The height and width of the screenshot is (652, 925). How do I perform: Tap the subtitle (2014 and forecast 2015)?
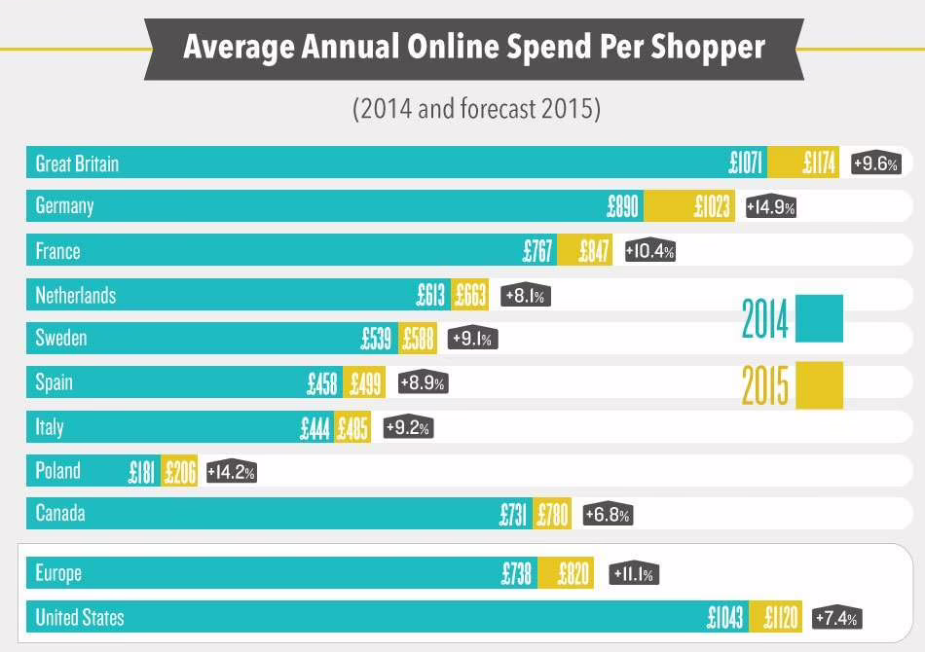click(x=476, y=108)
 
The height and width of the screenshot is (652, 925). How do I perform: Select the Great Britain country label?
click(x=77, y=163)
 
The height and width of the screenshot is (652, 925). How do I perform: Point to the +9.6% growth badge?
click(x=875, y=163)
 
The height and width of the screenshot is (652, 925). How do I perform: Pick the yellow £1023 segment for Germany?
click(x=713, y=207)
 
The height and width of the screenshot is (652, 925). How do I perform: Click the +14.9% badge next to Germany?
click(x=771, y=207)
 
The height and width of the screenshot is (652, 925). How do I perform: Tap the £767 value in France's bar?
click(x=537, y=251)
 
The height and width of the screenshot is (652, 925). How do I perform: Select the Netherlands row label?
click(x=75, y=295)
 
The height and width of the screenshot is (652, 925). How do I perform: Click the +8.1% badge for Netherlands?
click(x=526, y=296)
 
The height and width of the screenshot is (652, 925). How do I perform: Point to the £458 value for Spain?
click(x=321, y=383)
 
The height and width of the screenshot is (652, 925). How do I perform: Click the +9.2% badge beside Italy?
click(x=408, y=427)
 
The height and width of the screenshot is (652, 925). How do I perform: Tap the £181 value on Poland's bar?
click(x=142, y=472)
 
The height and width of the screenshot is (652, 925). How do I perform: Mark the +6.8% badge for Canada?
click(x=608, y=515)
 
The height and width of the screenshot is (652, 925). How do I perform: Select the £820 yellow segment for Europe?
click(x=573, y=574)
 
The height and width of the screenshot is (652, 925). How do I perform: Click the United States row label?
click(x=80, y=617)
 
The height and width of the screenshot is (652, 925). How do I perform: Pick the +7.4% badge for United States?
click(x=836, y=619)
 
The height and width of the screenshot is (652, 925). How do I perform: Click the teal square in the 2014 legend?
click(x=819, y=319)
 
